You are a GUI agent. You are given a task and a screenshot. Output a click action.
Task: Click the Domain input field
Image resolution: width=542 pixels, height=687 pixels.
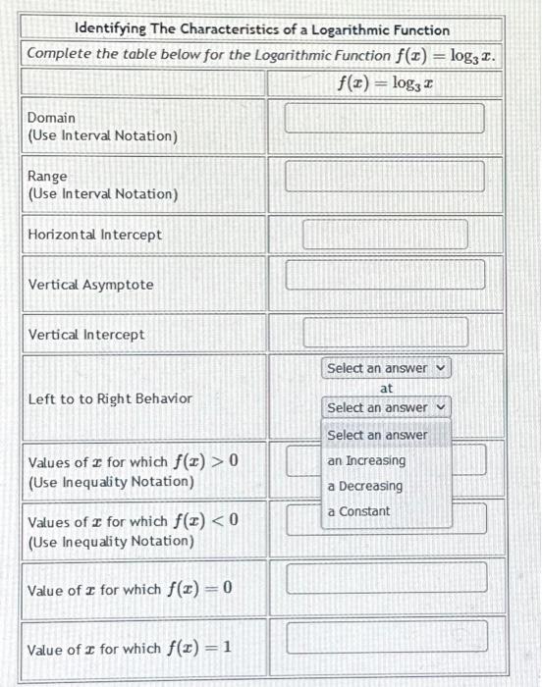pos(385,119)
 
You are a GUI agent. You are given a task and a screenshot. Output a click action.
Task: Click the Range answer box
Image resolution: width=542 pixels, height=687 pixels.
pos(385,177)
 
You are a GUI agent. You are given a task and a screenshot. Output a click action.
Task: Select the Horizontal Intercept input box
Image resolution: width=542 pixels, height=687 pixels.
pos(385,235)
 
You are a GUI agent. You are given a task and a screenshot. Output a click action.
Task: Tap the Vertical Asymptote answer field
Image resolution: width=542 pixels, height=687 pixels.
pos(385,275)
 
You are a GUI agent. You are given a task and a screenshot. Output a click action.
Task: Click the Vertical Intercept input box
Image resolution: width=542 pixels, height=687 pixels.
pos(385,332)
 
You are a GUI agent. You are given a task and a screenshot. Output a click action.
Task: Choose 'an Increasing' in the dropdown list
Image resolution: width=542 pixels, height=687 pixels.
pos(366,460)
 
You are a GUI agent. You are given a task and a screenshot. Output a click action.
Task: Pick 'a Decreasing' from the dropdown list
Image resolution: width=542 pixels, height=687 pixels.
pos(365,486)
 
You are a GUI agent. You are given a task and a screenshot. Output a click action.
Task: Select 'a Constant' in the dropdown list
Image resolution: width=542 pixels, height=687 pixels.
pos(358,511)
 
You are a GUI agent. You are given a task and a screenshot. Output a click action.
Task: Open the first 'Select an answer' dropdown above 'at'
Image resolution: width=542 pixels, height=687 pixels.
pos(386,368)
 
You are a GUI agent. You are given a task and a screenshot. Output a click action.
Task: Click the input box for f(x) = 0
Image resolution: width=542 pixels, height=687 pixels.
pos(385,577)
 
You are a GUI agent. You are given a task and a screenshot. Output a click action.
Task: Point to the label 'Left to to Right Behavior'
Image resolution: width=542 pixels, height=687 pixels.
pos(110,398)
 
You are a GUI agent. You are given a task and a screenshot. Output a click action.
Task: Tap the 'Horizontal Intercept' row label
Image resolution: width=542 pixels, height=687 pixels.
pos(95,235)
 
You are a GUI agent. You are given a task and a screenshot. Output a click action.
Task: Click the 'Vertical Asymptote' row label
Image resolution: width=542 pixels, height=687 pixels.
pos(91,285)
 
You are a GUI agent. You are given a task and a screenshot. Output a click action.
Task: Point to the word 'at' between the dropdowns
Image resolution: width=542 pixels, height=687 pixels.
pos(386,389)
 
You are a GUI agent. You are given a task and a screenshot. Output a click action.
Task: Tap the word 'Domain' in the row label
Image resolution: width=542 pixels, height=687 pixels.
pos(51,118)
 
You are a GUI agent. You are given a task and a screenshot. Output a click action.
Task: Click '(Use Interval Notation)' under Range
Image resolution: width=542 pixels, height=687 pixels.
pos(103,194)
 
